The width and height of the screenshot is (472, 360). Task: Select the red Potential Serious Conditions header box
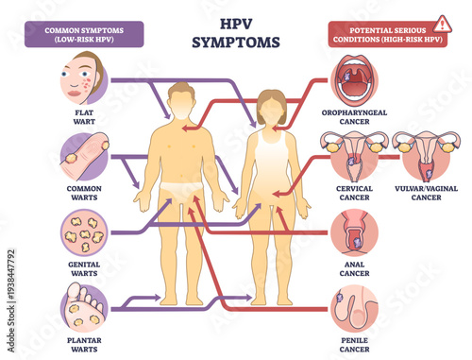[377, 34]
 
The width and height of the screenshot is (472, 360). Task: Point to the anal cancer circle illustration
[355, 232]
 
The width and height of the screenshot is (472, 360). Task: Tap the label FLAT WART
[83, 119]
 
